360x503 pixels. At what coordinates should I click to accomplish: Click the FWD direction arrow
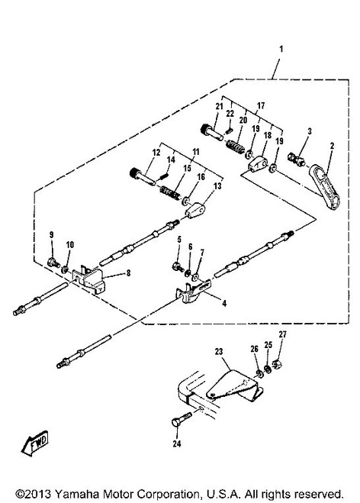pyautogui.click(x=35, y=443)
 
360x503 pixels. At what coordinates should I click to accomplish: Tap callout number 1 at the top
pyautogui.click(x=281, y=49)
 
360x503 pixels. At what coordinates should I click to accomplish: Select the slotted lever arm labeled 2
pyautogui.click(x=324, y=187)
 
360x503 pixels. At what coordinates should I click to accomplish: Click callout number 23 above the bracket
pyautogui.click(x=219, y=352)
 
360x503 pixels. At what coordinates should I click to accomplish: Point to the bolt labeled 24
pyautogui.click(x=182, y=420)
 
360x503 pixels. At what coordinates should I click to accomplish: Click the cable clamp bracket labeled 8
pyautogui.click(x=88, y=279)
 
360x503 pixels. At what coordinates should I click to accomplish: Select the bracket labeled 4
pyautogui.click(x=193, y=291)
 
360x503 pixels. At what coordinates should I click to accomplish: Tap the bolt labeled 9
pyautogui.click(x=53, y=263)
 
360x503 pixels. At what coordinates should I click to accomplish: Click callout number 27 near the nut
pyautogui.click(x=282, y=334)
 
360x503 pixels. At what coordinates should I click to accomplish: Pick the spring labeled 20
pyautogui.click(x=236, y=147)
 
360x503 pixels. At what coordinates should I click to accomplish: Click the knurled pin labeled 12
pyautogui.click(x=143, y=176)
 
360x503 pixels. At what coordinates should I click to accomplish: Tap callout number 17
pyautogui.click(x=261, y=105)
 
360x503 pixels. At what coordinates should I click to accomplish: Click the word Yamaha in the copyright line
pyautogui.click(x=75, y=493)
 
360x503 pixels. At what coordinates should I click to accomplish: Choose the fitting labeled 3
pyautogui.click(x=297, y=159)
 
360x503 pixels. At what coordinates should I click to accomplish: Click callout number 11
pyautogui.click(x=196, y=152)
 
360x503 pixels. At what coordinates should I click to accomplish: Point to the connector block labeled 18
pyautogui.click(x=258, y=163)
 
